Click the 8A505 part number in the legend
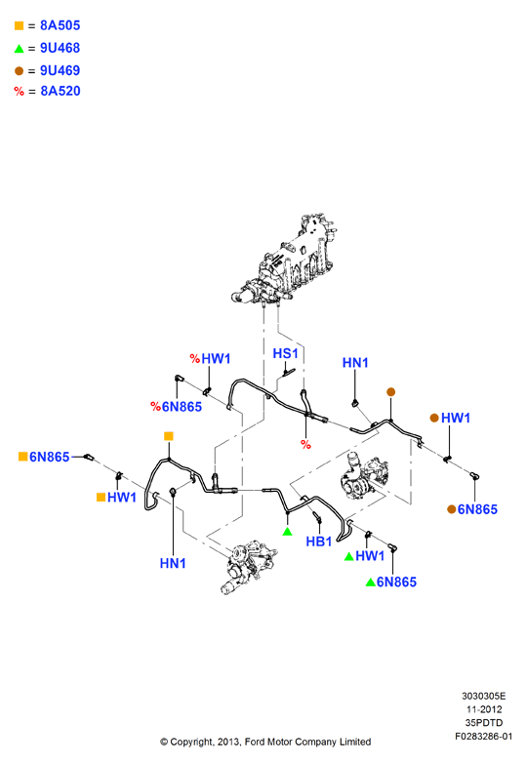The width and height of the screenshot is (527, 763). [60, 25]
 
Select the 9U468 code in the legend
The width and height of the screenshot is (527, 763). [60, 48]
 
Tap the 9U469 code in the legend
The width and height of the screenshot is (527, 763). [60, 70]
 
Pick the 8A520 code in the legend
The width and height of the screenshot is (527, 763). [61, 91]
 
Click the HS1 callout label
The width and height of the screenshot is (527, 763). [285, 353]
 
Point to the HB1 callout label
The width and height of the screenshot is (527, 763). [319, 542]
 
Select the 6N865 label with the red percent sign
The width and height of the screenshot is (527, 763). [182, 407]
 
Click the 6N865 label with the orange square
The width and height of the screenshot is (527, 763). [49, 457]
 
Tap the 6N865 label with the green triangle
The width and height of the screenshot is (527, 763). [396, 582]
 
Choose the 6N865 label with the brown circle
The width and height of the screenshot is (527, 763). [477, 509]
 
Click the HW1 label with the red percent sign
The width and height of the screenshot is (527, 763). [216, 359]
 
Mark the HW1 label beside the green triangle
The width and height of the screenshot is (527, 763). [370, 556]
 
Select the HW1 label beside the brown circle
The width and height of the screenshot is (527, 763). [456, 418]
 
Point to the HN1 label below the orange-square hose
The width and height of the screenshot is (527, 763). [173, 564]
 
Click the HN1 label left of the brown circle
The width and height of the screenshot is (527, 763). [355, 363]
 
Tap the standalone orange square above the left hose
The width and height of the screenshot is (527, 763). [169, 436]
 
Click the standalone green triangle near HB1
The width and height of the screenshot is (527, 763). [287, 532]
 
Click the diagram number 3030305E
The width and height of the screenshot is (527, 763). [484, 697]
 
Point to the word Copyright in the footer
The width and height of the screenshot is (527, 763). [191, 743]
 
